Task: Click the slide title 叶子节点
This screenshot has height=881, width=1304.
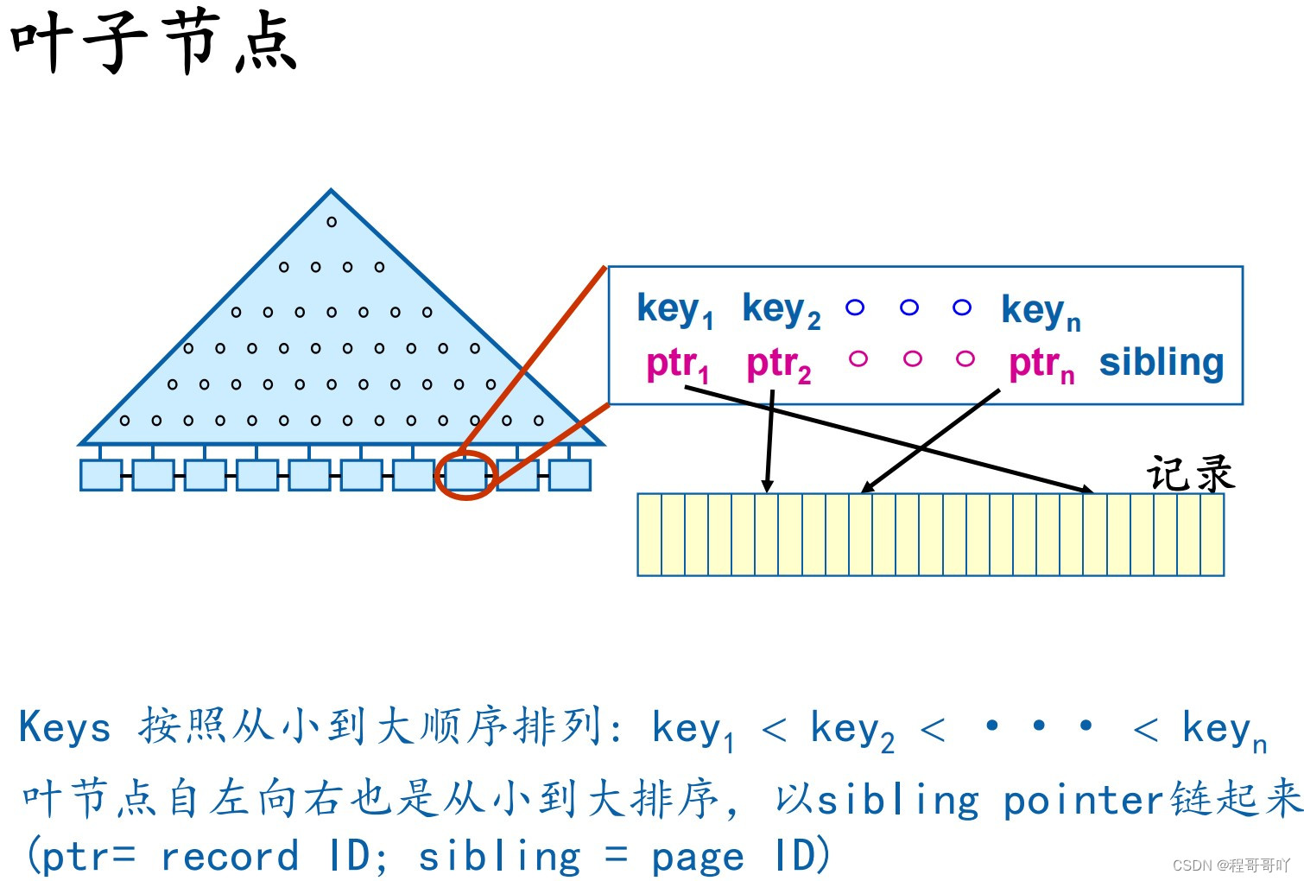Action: point(154,43)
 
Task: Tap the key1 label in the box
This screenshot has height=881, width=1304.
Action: point(674,309)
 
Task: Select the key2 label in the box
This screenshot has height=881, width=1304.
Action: point(781,309)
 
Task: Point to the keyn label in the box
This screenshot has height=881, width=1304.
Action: point(1040,311)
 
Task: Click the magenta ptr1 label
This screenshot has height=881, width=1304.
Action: point(677,364)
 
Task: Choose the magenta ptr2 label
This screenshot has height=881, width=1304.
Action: point(778,364)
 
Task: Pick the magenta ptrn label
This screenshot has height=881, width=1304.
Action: point(1041,364)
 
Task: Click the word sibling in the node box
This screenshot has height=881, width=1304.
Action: point(1162,363)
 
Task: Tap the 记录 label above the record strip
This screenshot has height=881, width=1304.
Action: point(1190,473)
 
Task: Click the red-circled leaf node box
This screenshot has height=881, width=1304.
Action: point(466,475)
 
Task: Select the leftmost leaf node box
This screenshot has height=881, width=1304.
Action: point(101,475)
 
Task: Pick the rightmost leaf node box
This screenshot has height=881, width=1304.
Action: point(570,475)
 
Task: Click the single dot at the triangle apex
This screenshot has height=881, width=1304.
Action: point(332,222)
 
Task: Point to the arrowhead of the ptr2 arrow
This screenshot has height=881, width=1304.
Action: point(767,488)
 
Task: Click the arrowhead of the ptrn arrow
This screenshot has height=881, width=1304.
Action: point(866,489)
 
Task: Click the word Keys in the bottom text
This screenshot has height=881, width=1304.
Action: point(65,727)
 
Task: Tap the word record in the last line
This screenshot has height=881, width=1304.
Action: point(230,857)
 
